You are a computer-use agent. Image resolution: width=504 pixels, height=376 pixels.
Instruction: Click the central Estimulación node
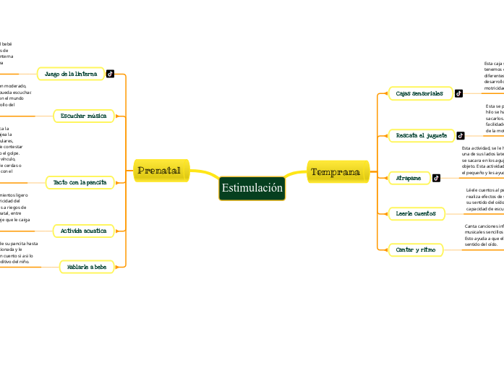point(252,188)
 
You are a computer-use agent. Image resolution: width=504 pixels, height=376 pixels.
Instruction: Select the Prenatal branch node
point(159,171)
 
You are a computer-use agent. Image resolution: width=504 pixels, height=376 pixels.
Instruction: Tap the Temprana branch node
point(336,171)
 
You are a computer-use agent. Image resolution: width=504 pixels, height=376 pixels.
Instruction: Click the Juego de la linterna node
point(71,74)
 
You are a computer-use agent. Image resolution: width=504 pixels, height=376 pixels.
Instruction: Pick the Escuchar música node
point(84,116)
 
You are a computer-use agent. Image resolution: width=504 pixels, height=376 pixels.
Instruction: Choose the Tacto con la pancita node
point(80,182)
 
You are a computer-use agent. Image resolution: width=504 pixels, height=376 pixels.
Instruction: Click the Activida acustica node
point(84,231)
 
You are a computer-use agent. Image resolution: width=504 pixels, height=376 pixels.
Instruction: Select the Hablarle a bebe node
point(87,267)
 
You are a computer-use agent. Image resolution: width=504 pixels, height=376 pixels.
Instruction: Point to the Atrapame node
point(409,178)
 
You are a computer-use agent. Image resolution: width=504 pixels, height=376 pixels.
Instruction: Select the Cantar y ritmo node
point(416,249)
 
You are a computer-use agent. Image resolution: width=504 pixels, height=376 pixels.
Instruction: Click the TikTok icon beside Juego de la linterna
point(111,74)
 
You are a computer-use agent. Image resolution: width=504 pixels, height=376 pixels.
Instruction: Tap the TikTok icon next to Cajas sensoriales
point(458,93)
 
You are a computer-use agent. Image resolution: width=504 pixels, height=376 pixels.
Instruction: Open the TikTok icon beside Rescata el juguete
point(461,135)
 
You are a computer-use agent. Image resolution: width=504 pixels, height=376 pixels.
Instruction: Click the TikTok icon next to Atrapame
point(436,178)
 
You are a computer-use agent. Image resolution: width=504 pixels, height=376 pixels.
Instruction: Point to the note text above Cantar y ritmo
point(483,235)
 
